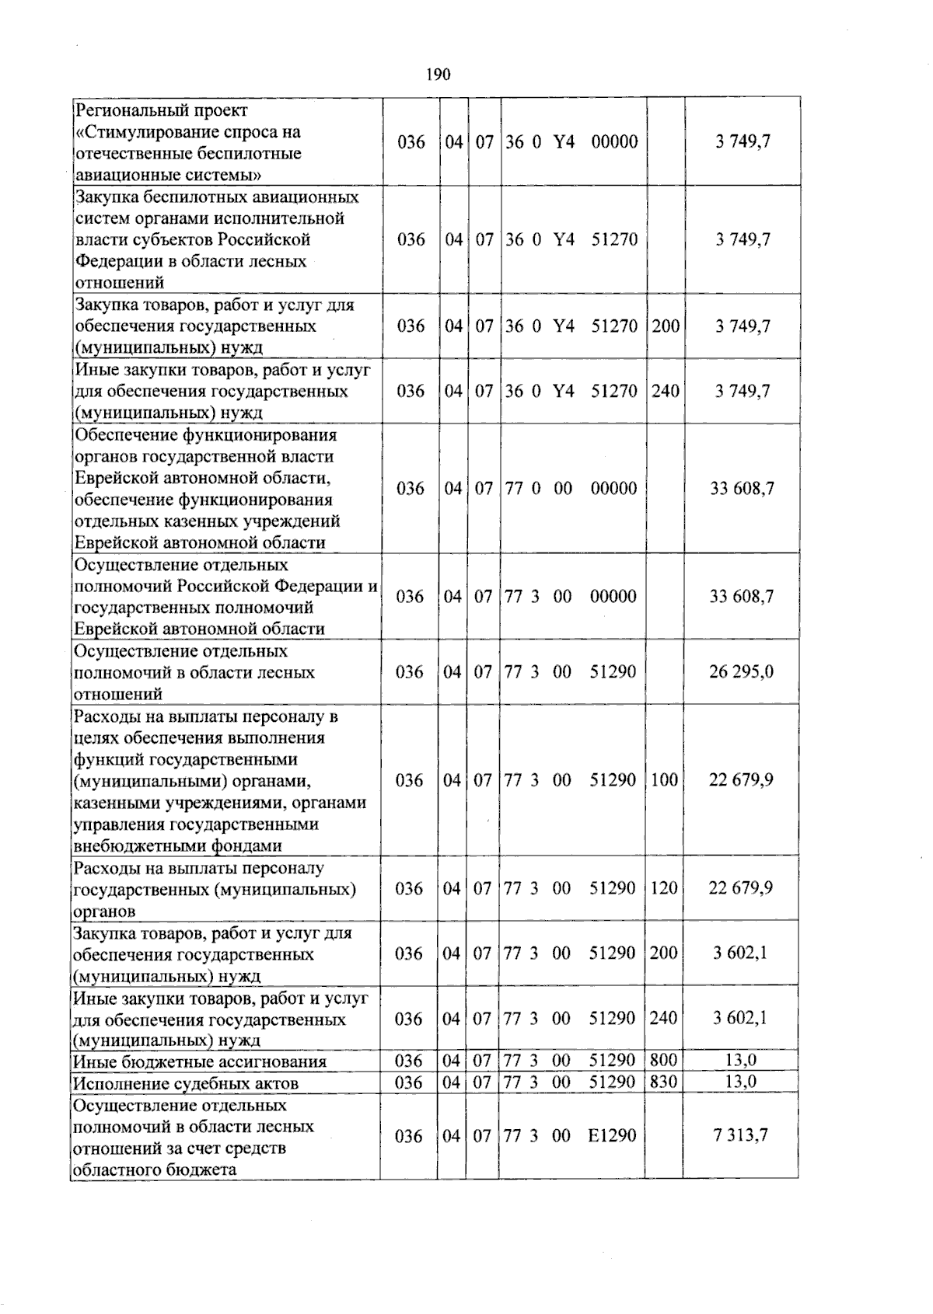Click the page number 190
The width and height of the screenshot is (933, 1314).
pyautogui.click(x=439, y=75)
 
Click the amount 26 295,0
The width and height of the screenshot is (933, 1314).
pyautogui.click(x=741, y=671)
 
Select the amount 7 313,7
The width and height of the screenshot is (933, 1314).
pyautogui.click(x=741, y=1135)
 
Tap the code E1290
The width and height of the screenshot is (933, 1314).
pyautogui.click(x=612, y=1135)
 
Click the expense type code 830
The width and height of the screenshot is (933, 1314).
pyautogui.click(x=663, y=1082)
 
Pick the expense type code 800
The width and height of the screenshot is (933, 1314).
pyautogui.click(x=663, y=1061)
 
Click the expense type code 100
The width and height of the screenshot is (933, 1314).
pyautogui.click(x=664, y=779)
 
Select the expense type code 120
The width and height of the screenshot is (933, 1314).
pyautogui.click(x=664, y=887)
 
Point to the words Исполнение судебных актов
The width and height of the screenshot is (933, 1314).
pyautogui.click(x=185, y=1083)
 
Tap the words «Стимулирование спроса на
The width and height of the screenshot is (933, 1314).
pyautogui.click(x=187, y=132)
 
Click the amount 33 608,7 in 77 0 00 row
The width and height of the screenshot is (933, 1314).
pyautogui.click(x=742, y=488)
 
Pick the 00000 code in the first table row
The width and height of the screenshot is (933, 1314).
pyautogui.click(x=614, y=141)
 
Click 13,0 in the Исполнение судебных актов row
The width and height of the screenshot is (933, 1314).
pyautogui.click(x=741, y=1082)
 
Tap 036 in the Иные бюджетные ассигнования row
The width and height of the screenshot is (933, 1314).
pyautogui.click(x=409, y=1061)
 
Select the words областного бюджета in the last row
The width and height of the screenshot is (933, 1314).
pyautogui.click(x=154, y=1169)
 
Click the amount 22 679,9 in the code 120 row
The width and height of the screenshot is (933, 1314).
pyautogui.click(x=740, y=887)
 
